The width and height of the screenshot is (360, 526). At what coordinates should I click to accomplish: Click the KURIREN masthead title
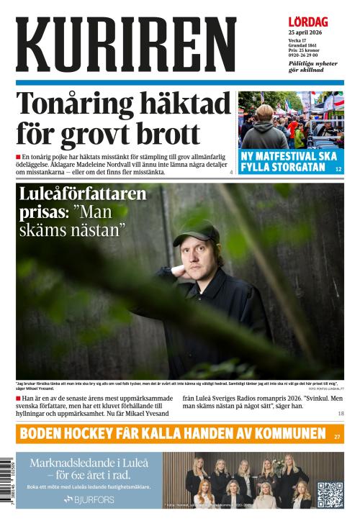(126, 45)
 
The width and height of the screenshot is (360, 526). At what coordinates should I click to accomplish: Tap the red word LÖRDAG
(308, 22)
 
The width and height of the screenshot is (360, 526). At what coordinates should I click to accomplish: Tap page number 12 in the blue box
(338, 169)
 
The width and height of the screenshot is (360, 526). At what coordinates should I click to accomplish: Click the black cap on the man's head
(196, 232)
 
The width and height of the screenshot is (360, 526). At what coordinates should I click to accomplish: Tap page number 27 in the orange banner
(337, 436)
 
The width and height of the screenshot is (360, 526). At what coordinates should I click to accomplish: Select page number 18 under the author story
(341, 414)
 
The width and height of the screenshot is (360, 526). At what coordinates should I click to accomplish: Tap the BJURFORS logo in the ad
(89, 499)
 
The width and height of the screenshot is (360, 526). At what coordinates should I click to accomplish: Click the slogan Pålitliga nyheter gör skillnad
(312, 67)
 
